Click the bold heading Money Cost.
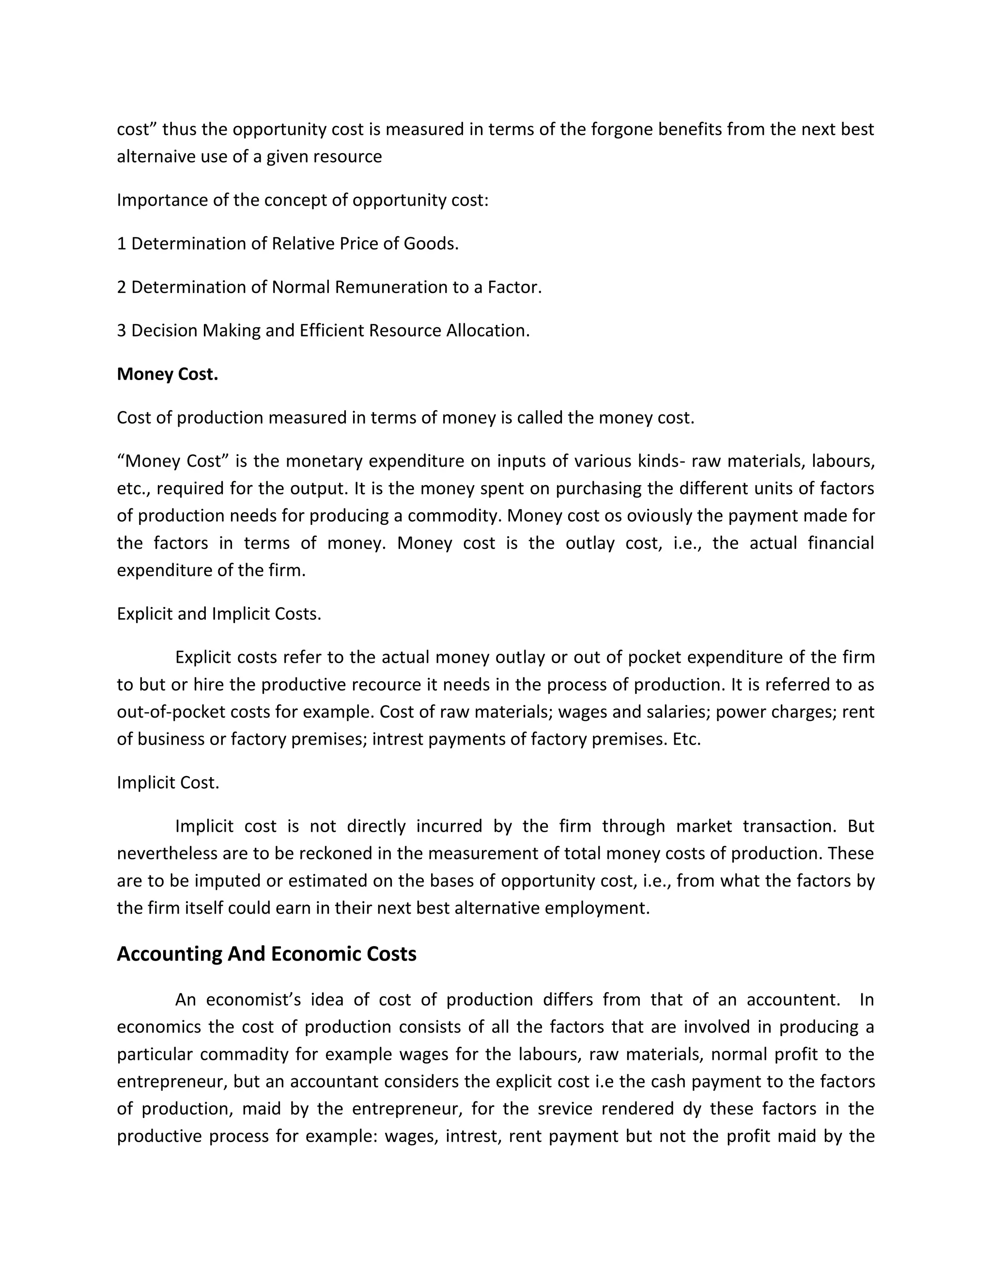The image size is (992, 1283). (x=168, y=374)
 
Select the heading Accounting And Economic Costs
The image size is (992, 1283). (x=266, y=953)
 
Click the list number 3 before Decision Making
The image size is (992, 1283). (x=122, y=331)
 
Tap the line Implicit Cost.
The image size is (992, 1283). (x=168, y=782)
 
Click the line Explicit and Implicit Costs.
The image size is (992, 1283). (x=218, y=614)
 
